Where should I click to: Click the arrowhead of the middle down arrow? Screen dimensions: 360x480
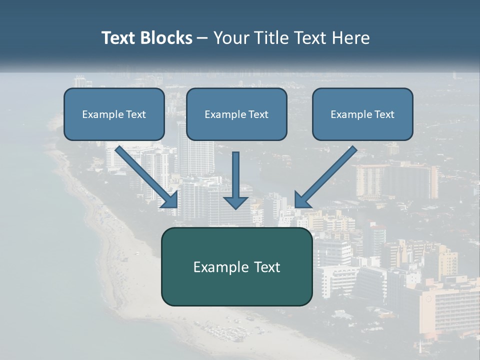coord(235,201)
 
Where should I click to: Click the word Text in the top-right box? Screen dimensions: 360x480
coord(384,114)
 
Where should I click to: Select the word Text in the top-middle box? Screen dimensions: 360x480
coord(258,114)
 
